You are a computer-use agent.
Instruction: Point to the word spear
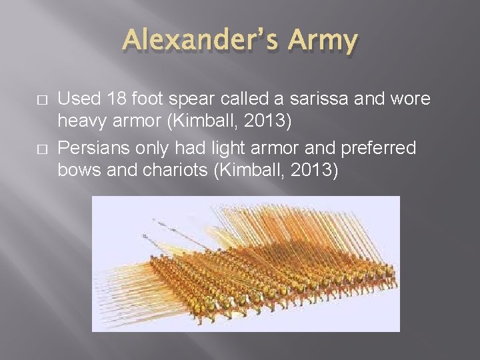[x=186, y=99]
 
